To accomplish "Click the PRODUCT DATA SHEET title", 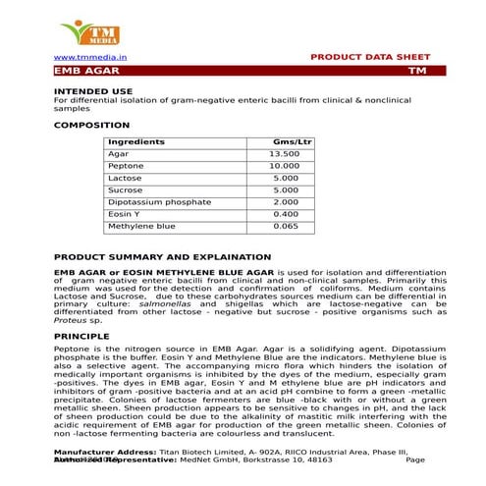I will click(x=368, y=58).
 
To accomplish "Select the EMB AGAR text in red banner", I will click(x=81, y=72).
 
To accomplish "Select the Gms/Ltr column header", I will click(x=292, y=142).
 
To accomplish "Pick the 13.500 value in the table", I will click(x=284, y=154).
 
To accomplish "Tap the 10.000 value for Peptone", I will click(x=284, y=167).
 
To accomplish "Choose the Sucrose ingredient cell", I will click(x=125, y=190).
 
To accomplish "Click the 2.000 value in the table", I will click(x=286, y=202).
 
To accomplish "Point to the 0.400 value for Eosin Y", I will click(x=286, y=214).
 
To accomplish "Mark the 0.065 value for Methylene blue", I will click(x=286, y=226).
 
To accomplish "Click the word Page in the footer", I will click(x=414, y=459).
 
